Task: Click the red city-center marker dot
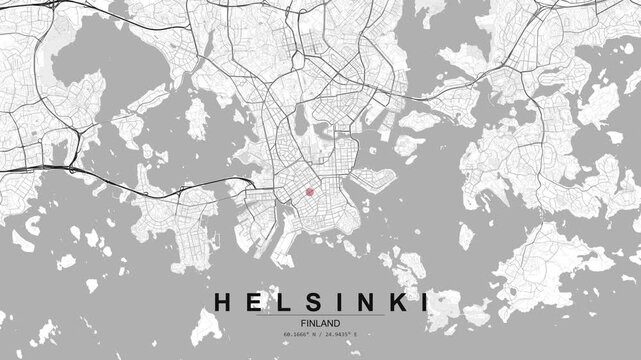point(310,192)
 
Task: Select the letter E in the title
point(253,301)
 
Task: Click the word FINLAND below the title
point(320,323)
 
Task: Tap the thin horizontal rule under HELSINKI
point(320,315)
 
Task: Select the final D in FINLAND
point(337,323)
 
